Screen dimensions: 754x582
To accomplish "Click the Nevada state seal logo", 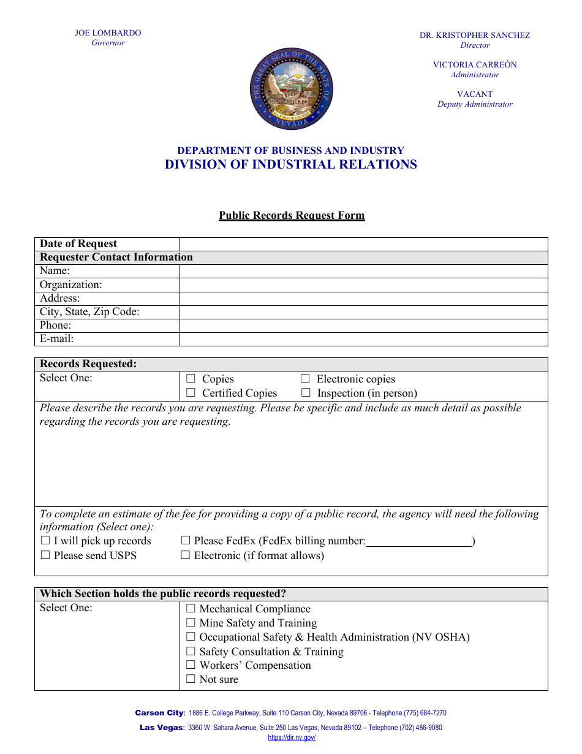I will [x=291, y=89].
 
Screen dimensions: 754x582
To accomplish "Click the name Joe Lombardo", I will [x=108, y=33].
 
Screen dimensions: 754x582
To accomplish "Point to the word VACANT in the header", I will [x=475, y=94].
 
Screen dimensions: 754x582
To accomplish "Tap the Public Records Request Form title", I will [x=292, y=216].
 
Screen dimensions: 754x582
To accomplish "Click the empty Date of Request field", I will [x=363, y=244].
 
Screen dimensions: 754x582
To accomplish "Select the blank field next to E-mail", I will [x=363, y=339].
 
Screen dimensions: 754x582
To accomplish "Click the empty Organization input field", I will [x=363, y=285].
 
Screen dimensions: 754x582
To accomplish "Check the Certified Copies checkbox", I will [x=191, y=393].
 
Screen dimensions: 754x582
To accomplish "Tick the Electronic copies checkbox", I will [x=305, y=379].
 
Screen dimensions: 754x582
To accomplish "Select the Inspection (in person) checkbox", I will [x=305, y=393].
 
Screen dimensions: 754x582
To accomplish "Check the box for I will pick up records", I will [x=45, y=541].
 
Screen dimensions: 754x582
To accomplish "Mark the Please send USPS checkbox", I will [x=45, y=555].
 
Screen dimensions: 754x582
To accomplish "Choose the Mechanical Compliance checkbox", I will [x=191, y=609].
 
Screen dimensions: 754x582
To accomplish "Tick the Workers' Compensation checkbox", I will [x=191, y=665].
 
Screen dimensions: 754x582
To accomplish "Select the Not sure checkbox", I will [x=191, y=679].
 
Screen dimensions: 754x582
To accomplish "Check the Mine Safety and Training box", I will [x=191, y=623].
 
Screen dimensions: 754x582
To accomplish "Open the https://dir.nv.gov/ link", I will [x=292, y=738].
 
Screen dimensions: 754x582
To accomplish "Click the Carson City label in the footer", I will [x=159, y=713].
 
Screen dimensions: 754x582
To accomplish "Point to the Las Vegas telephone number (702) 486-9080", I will [x=420, y=728].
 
